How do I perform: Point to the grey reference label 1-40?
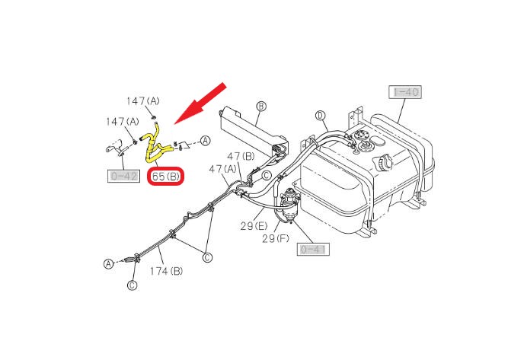(x=405, y=93)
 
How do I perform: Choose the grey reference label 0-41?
(x=314, y=249)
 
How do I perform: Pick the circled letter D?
(x=321, y=116)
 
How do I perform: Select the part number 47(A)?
(x=222, y=169)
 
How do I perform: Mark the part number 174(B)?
(x=166, y=270)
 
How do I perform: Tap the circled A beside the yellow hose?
(x=205, y=140)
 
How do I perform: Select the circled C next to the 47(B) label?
(x=267, y=175)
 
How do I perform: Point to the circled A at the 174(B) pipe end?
(x=108, y=263)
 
